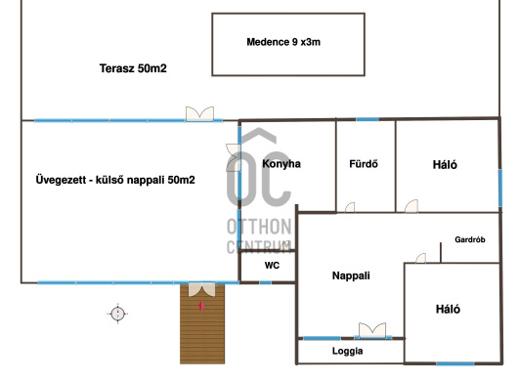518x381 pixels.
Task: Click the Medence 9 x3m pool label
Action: click(x=283, y=42)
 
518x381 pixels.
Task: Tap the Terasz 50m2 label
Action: click(x=133, y=68)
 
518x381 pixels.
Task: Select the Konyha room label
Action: click(x=281, y=164)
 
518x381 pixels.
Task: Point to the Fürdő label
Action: click(x=364, y=164)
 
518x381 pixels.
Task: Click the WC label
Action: click(x=272, y=265)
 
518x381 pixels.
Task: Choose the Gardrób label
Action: click(x=470, y=239)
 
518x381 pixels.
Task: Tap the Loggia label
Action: click(x=347, y=351)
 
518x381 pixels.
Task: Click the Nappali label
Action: click(x=351, y=275)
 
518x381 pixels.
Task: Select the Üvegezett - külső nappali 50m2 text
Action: click(x=115, y=180)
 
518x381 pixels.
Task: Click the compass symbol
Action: click(x=117, y=314)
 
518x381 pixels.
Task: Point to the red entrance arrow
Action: click(x=201, y=306)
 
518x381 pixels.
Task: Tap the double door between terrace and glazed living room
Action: click(x=199, y=114)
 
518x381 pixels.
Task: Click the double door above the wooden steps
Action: click(x=202, y=289)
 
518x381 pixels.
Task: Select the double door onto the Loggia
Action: click(x=372, y=330)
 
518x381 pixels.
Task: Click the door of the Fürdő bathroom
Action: click(x=350, y=207)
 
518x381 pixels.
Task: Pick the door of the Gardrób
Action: click(x=420, y=258)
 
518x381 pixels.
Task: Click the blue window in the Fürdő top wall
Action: click(x=367, y=119)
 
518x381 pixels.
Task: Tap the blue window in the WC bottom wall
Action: click(x=265, y=282)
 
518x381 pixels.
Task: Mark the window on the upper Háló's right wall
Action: click(x=500, y=189)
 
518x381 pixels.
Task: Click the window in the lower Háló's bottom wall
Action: click(x=455, y=363)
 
